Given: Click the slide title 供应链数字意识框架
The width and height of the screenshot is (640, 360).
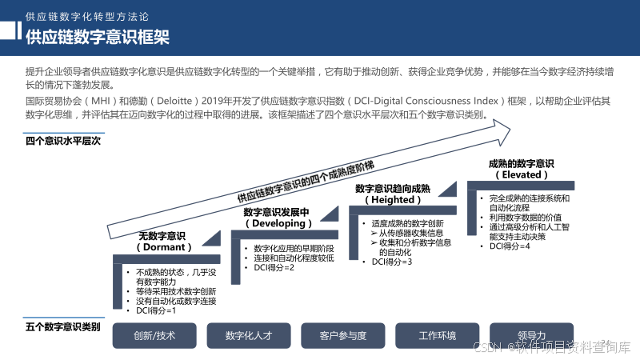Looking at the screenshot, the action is pyautogui.click(x=97, y=37).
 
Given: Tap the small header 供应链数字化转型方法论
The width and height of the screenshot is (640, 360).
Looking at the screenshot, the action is pyautogui.click(x=87, y=15).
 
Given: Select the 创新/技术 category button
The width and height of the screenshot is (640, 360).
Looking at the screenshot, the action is pyautogui.click(x=154, y=335).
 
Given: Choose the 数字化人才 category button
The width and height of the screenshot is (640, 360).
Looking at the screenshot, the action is pyautogui.click(x=249, y=335).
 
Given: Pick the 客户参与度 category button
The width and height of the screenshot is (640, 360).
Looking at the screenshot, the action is pyautogui.click(x=342, y=335).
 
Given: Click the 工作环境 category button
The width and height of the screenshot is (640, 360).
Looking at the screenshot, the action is pyautogui.click(x=437, y=335).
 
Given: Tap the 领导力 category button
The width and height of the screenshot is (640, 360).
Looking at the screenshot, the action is pyautogui.click(x=531, y=335).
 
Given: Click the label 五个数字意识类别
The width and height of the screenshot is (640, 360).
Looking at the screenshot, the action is pyautogui.click(x=63, y=326).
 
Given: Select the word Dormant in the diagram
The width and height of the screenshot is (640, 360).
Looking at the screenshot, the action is pyautogui.click(x=163, y=248).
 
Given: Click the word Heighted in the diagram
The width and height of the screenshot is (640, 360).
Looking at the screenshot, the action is pyautogui.click(x=392, y=200).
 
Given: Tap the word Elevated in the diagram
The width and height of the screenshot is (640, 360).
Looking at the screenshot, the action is pyautogui.click(x=522, y=174).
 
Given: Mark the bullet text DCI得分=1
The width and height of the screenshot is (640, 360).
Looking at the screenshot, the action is pyautogui.click(x=155, y=310).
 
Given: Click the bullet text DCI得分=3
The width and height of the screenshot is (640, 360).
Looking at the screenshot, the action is pyautogui.click(x=392, y=262).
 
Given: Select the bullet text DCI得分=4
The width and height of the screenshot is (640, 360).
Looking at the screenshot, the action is pyautogui.click(x=510, y=246).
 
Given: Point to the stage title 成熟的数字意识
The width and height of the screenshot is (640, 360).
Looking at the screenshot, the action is pyautogui.click(x=521, y=164).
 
